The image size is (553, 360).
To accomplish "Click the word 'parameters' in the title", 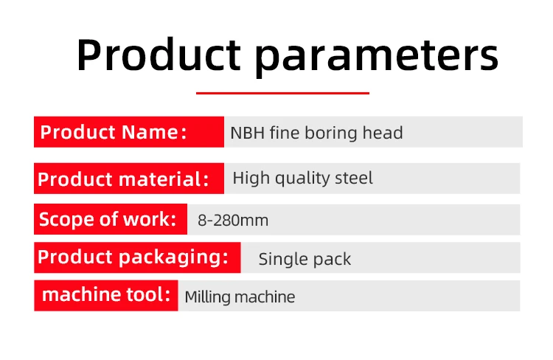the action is [x=377, y=57].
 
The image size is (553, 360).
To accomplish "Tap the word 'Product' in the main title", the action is [x=159, y=55].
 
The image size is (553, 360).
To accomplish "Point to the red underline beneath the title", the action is [x=282, y=93].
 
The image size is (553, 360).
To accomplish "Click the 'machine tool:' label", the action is [x=105, y=295].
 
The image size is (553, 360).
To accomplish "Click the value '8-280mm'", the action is [x=233, y=221].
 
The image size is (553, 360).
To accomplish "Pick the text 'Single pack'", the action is [x=305, y=260].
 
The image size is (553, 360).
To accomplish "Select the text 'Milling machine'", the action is [x=240, y=297].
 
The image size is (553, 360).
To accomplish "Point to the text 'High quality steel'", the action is [x=302, y=178].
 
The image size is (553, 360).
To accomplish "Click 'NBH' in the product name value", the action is [x=247, y=133].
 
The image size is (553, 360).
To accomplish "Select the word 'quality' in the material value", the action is [x=302, y=179].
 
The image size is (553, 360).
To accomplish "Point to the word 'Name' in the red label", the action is [x=150, y=132].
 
